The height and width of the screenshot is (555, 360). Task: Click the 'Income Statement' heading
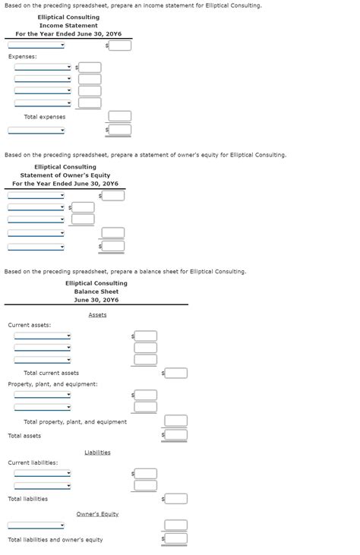coord(68,26)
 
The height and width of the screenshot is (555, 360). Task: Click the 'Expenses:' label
coord(22,57)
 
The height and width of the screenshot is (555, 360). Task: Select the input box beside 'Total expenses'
coord(119,116)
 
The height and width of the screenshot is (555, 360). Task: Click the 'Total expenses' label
coord(44,117)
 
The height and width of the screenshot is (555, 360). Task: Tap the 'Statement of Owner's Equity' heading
coord(65,175)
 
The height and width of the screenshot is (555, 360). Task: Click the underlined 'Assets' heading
coord(97,315)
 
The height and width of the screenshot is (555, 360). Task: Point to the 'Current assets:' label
coord(29,325)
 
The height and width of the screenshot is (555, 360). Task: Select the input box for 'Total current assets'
coord(175,373)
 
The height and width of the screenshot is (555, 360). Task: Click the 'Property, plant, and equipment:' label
coord(52,384)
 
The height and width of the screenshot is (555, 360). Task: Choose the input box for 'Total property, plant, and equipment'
coord(175,421)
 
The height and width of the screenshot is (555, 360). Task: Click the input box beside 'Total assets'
coord(175,435)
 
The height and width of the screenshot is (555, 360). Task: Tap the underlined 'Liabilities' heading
coord(97,453)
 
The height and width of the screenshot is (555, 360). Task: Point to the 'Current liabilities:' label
coord(33,462)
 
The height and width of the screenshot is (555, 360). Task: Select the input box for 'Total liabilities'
coord(175,499)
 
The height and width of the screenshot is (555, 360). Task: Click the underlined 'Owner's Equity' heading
coord(97,514)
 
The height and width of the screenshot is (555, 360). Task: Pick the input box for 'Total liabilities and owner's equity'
coord(175,539)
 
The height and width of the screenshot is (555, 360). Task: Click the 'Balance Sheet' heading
coord(96,292)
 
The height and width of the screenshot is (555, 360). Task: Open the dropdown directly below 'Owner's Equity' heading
coord(36,525)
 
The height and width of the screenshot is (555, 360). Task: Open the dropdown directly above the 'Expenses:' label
coord(36,46)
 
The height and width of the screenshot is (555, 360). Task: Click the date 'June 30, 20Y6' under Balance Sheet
coord(96,300)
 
